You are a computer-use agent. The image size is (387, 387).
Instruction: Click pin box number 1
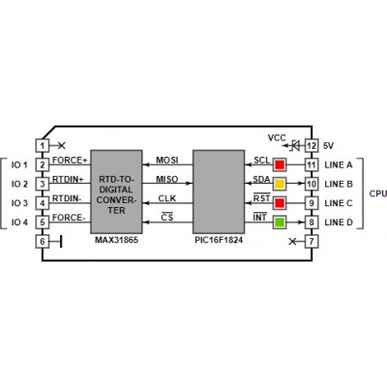43,145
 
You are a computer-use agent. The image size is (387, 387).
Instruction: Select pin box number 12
312,145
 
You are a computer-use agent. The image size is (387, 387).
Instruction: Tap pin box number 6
43,241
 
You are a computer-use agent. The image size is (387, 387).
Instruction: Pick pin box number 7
312,241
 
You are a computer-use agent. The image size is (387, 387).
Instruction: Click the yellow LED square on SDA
280,184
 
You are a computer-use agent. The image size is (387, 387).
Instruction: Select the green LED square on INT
280,223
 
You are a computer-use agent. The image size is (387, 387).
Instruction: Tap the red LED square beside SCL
280,164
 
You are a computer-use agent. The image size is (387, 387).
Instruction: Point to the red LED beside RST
280,203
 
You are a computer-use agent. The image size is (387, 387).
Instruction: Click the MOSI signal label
167,161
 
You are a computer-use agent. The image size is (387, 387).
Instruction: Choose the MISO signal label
167,179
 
